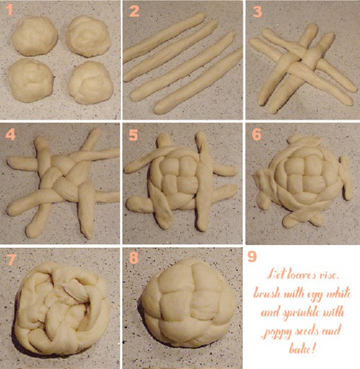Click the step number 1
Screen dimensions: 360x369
pyautogui.click(x=9, y=10)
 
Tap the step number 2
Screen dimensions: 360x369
pyautogui.click(x=134, y=12)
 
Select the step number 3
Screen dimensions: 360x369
pyautogui.click(x=257, y=12)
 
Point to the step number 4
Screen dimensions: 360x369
pyautogui.click(x=10, y=135)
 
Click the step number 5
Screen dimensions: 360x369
pyautogui.click(x=133, y=135)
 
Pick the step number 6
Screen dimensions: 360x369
pyautogui.click(x=256, y=135)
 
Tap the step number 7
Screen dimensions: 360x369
pyautogui.click(x=12, y=259)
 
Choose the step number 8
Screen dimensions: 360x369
pyautogui.click(x=134, y=258)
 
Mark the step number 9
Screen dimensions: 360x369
pyautogui.click(x=252, y=257)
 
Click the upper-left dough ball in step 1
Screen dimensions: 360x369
pyautogui.click(x=35, y=36)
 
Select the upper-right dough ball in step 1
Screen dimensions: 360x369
pyautogui.click(x=88, y=36)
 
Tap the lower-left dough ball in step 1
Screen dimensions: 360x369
pyautogui.click(x=30, y=80)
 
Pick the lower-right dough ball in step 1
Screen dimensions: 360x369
pyautogui.click(x=91, y=82)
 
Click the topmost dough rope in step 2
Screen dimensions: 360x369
pyautogui.click(x=164, y=37)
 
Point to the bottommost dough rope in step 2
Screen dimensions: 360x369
pyautogui.click(x=197, y=81)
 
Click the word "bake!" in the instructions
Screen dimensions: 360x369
pyautogui.click(x=302, y=348)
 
